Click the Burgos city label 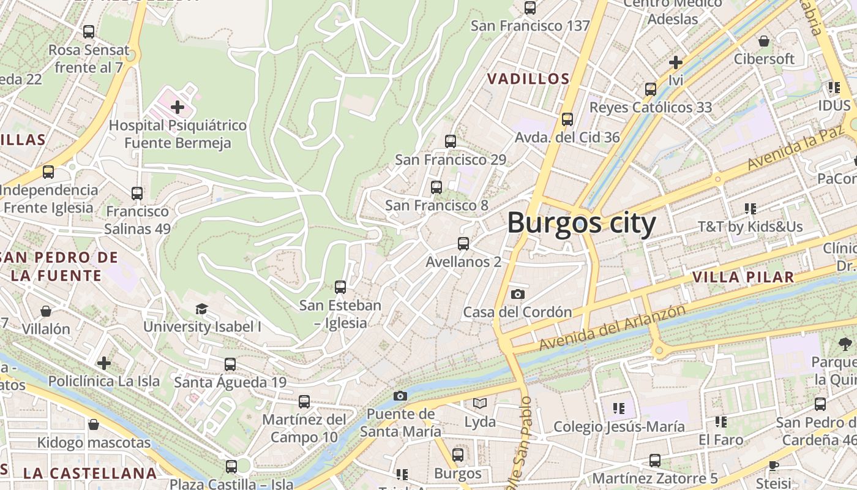point(581,223)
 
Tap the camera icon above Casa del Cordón point(517,295)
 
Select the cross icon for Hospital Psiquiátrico point(178,108)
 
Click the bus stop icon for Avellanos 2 point(463,244)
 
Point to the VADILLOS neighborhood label point(528,79)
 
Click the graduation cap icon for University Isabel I point(201,309)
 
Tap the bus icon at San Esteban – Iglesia point(340,287)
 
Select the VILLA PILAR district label point(743,277)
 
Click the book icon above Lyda point(480,404)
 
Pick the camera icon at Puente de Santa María point(400,396)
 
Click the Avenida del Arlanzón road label point(612,328)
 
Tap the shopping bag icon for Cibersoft point(764,41)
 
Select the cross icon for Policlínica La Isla point(104,363)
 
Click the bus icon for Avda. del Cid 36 point(567,119)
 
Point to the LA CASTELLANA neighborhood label point(90,473)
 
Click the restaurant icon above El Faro point(721,422)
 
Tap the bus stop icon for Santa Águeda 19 point(230,364)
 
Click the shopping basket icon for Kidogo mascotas point(94,424)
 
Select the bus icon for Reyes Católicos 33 point(651,89)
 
